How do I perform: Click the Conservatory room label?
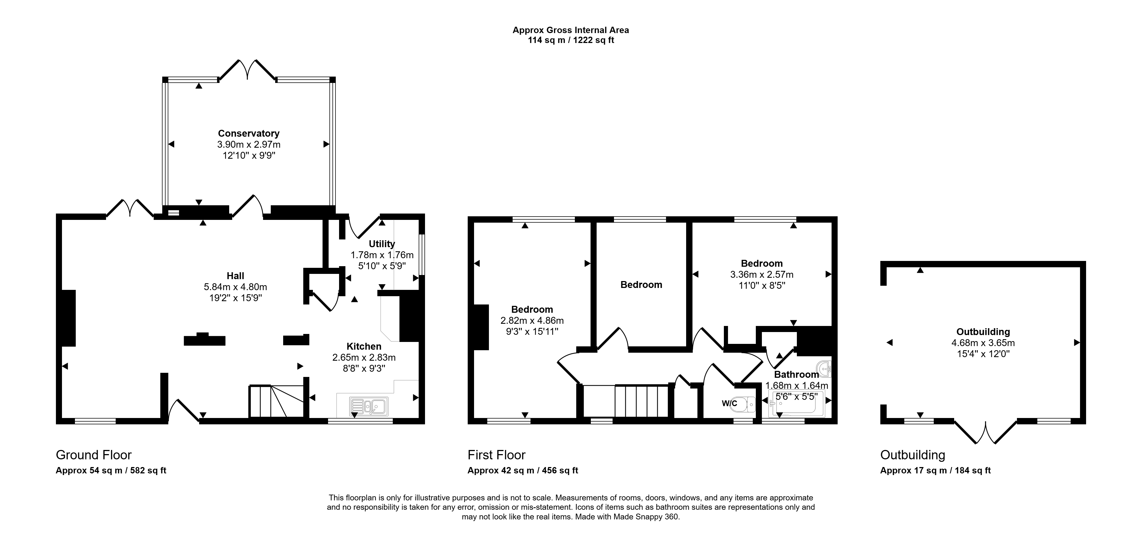pos(249,133)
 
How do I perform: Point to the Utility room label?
pos(382,244)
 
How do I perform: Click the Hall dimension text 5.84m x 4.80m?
pos(236,287)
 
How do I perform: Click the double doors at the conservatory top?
pos(248,70)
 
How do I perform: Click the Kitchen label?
pos(364,346)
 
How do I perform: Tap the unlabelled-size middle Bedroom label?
pos(641,285)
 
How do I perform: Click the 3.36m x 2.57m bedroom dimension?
pos(762,274)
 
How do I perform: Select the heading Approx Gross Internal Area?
pos(570,30)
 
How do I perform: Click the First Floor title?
pos(497,455)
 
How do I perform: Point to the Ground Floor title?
pos(94,455)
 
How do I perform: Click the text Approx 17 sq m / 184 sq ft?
pos(935,471)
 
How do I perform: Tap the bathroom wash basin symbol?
pos(826,368)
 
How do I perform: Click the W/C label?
pos(729,403)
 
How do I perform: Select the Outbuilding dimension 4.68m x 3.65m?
pos(983,343)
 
